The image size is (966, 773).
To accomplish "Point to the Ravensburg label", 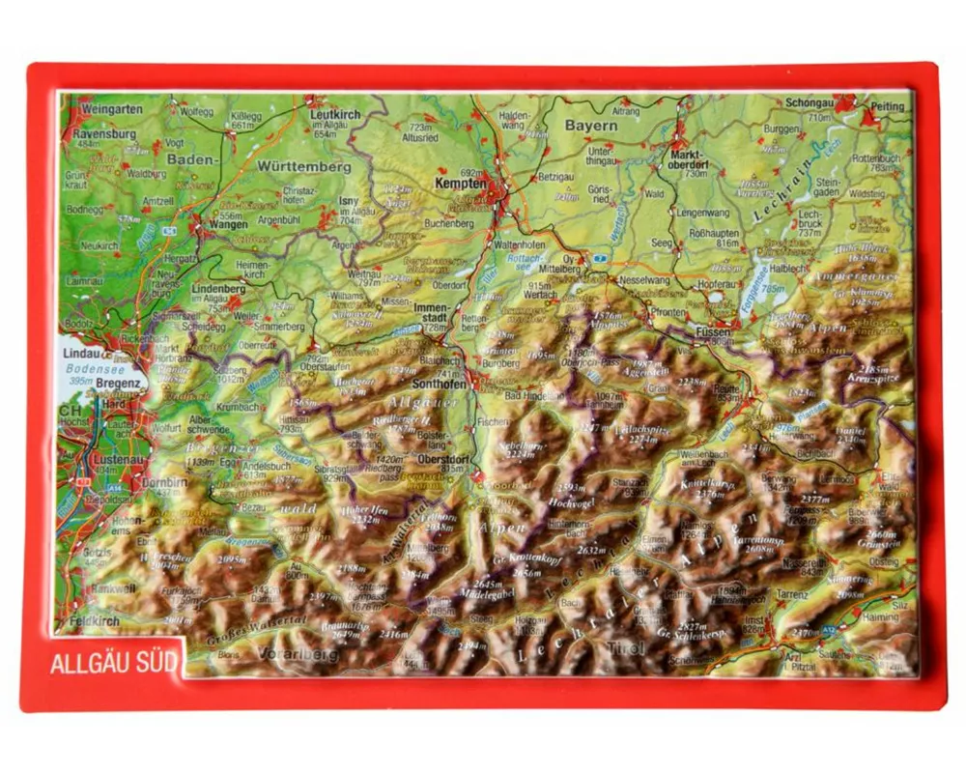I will click(104, 133).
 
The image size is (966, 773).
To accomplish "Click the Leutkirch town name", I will click(334, 113).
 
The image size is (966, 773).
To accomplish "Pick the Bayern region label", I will click(590, 126).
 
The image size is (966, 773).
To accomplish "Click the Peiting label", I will click(888, 107).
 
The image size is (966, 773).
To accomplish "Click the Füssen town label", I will click(712, 331).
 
